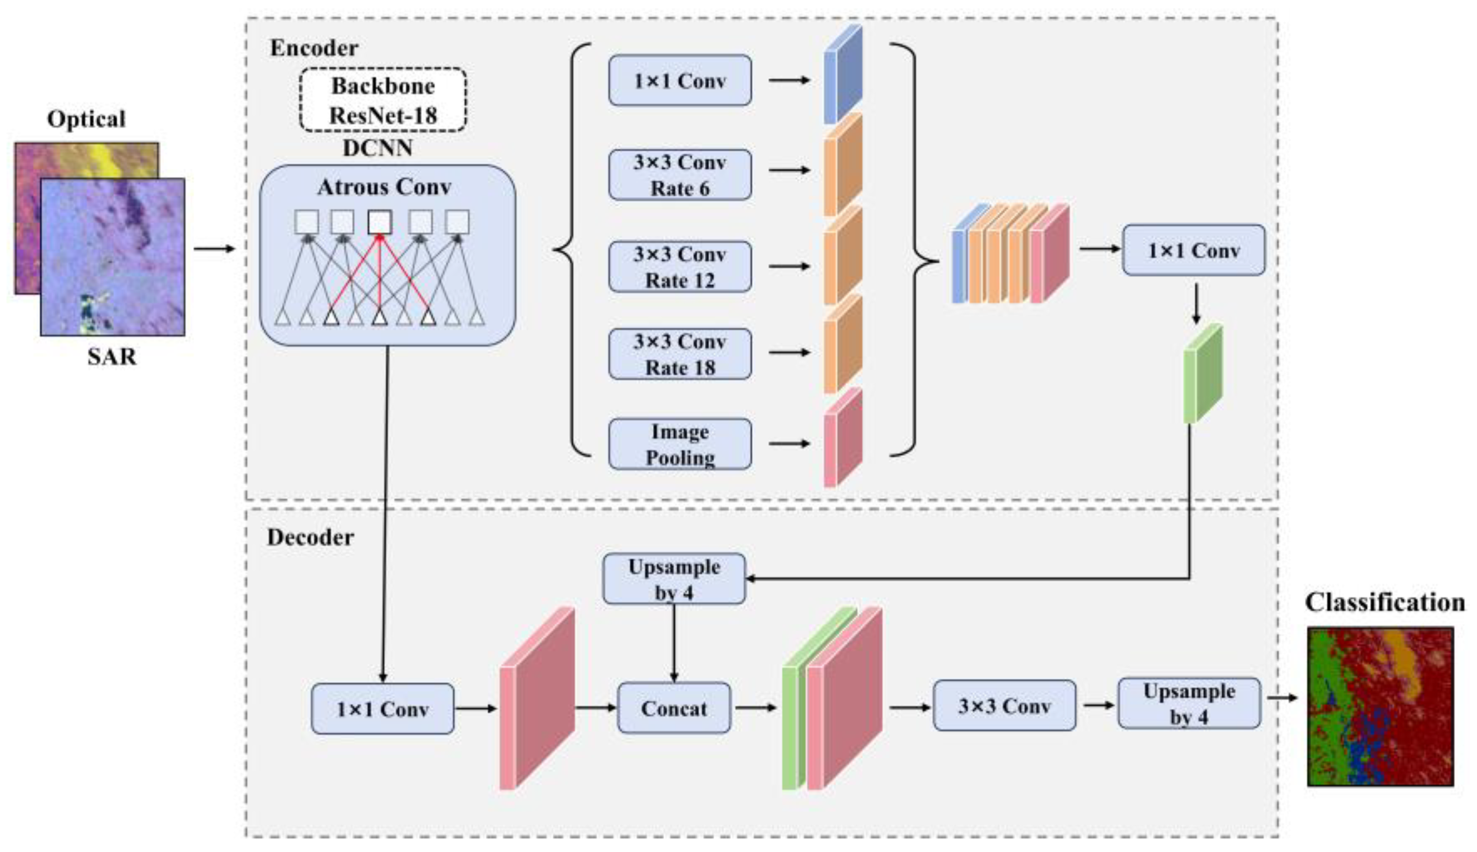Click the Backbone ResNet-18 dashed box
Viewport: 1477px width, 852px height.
point(383,100)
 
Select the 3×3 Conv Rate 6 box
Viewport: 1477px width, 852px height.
point(680,175)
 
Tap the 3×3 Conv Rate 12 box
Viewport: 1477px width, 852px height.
point(680,267)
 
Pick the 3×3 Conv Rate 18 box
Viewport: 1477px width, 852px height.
point(680,354)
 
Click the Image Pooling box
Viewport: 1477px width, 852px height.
point(680,444)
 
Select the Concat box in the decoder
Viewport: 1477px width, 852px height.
point(674,708)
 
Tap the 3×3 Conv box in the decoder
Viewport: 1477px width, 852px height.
point(1004,706)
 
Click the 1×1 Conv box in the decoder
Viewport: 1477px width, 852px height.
point(382,709)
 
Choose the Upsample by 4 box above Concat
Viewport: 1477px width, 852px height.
point(674,579)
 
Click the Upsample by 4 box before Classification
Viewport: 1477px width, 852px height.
point(1189,703)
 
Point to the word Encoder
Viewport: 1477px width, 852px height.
point(314,48)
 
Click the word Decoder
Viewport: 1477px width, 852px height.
point(310,537)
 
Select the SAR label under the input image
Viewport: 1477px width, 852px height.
point(112,356)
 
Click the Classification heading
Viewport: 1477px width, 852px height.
point(1385,602)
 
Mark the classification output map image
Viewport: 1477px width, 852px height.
point(1381,707)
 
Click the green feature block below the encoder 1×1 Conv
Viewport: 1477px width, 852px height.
point(1203,373)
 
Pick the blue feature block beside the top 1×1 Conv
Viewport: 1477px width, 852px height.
point(843,74)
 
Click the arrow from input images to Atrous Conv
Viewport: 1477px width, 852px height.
point(214,249)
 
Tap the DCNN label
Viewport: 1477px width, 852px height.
point(377,148)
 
